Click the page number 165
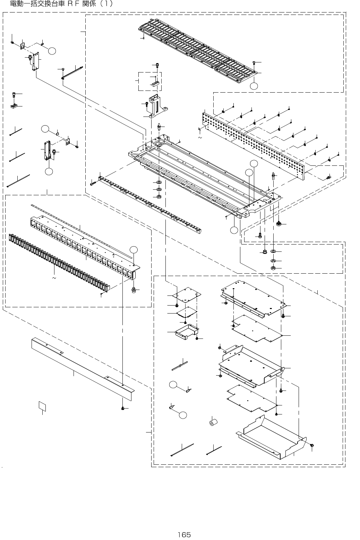click(x=184, y=534)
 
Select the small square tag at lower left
click(x=42, y=406)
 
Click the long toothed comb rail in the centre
click(x=149, y=205)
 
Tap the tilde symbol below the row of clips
click(x=54, y=278)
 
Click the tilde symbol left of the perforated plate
click(x=199, y=138)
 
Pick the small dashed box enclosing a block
click(x=150, y=81)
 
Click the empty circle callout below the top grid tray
click(x=254, y=85)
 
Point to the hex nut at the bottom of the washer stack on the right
click(x=273, y=268)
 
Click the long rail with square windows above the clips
click(x=83, y=246)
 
